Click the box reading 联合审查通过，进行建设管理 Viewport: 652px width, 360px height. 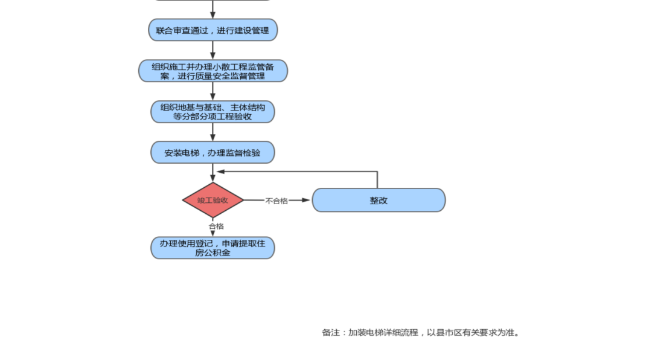coord(213,30)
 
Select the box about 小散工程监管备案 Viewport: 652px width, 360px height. coord(213,71)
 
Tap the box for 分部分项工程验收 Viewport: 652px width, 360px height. coord(213,112)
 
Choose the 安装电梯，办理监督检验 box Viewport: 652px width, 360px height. coord(213,153)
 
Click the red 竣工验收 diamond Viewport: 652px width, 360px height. coord(213,200)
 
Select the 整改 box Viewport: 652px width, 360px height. coord(379,201)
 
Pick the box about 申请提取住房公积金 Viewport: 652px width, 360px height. coord(213,248)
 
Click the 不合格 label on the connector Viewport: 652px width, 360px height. coord(276,201)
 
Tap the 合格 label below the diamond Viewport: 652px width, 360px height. coord(216,226)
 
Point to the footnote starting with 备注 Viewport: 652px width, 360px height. coord(420,332)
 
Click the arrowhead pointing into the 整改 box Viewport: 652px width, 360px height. coord(307,200)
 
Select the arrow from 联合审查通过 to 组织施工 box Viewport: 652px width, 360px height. coord(213,50)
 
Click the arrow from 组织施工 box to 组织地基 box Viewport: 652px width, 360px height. coord(213,91)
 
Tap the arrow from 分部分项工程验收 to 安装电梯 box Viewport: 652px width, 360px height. coord(213,132)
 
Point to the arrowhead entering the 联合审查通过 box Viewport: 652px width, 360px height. coord(213,15)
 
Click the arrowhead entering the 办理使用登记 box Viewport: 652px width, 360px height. coord(213,233)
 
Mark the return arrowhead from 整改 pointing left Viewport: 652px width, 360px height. coord(221,172)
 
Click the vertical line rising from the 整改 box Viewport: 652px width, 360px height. coord(377,180)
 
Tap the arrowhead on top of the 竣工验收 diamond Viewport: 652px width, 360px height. coord(213,178)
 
